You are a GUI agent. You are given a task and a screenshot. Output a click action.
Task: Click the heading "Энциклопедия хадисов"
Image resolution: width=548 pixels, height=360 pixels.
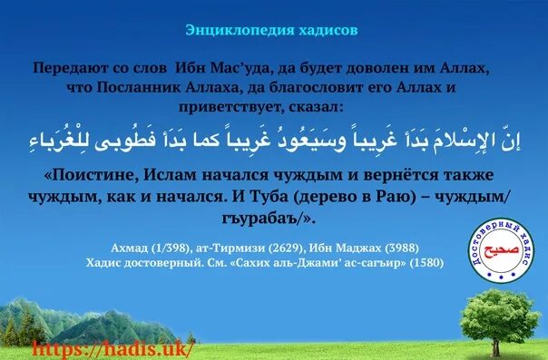click(271, 29)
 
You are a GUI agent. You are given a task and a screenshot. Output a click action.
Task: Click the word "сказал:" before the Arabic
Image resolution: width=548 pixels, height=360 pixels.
click(312, 106)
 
